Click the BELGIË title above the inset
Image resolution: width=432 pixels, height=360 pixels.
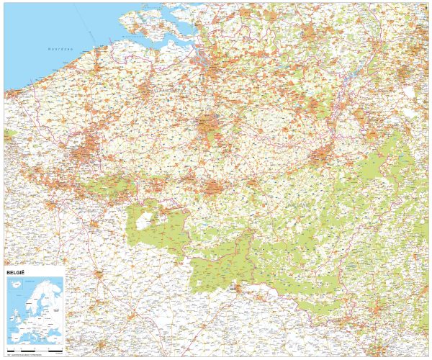17,274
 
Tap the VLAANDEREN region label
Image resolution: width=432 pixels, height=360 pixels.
167,92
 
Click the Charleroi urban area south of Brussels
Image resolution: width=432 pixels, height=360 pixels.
214,189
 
